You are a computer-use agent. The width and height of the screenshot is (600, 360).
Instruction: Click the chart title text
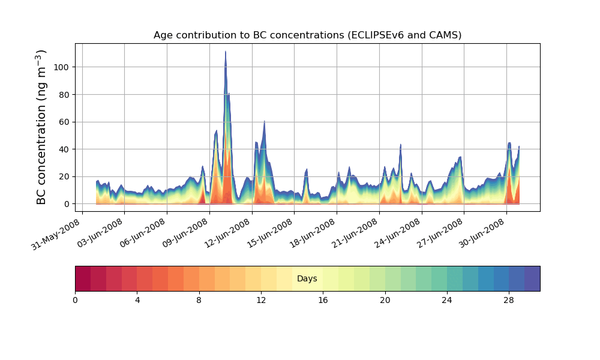pos(307,35)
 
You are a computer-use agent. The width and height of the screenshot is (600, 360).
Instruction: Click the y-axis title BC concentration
pos(41,127)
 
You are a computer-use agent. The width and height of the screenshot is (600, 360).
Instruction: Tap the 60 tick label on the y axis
pos(64,122)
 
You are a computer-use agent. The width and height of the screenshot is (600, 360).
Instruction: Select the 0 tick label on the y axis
pos(66,204)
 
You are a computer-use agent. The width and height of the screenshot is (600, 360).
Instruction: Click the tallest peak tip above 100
pos(226,52)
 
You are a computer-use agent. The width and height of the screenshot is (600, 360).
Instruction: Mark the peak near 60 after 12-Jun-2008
pos(264,121)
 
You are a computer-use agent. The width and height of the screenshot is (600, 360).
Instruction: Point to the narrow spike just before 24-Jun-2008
pos(401,145)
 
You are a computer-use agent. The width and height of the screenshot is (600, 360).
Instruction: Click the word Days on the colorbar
pos(307,278)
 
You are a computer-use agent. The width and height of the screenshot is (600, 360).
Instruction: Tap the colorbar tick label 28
pos(509,300)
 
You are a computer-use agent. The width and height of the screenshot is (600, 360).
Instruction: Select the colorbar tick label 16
pos(323,300)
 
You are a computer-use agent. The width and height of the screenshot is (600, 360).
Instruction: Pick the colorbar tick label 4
pos(137,300)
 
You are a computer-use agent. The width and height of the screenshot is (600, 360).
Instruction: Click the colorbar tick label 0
pos(75,300)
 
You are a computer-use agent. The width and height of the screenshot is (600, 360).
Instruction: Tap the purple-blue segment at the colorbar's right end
pos(532,278)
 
